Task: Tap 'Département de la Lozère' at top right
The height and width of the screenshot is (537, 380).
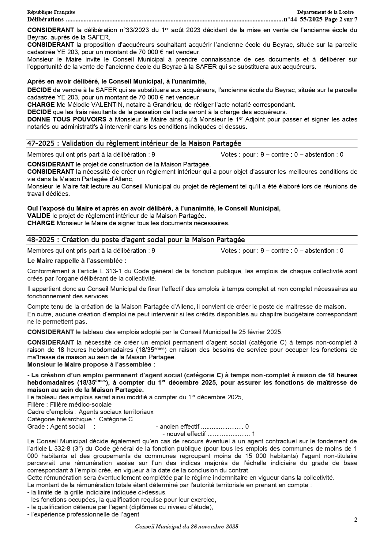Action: coord(325,12)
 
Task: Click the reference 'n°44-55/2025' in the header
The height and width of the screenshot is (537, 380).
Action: coord(303,20)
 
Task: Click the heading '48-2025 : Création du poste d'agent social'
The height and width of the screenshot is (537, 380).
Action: coord(136,240)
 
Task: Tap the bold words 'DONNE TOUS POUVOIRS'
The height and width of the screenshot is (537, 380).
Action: coord(67,119)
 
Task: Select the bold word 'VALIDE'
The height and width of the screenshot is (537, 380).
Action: coord(39,216)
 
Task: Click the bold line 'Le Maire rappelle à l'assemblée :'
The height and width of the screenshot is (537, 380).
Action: coord(77,261)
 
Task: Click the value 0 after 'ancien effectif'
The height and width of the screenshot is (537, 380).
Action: coord(247,427)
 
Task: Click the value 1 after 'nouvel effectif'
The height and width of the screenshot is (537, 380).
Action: coord(253,434)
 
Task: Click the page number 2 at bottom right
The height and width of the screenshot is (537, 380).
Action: coord(356,520)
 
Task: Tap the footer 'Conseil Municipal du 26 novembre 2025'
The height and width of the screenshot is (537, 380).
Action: coord(187,527)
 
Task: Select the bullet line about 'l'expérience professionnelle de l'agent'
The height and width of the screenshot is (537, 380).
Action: coord(83,514)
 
